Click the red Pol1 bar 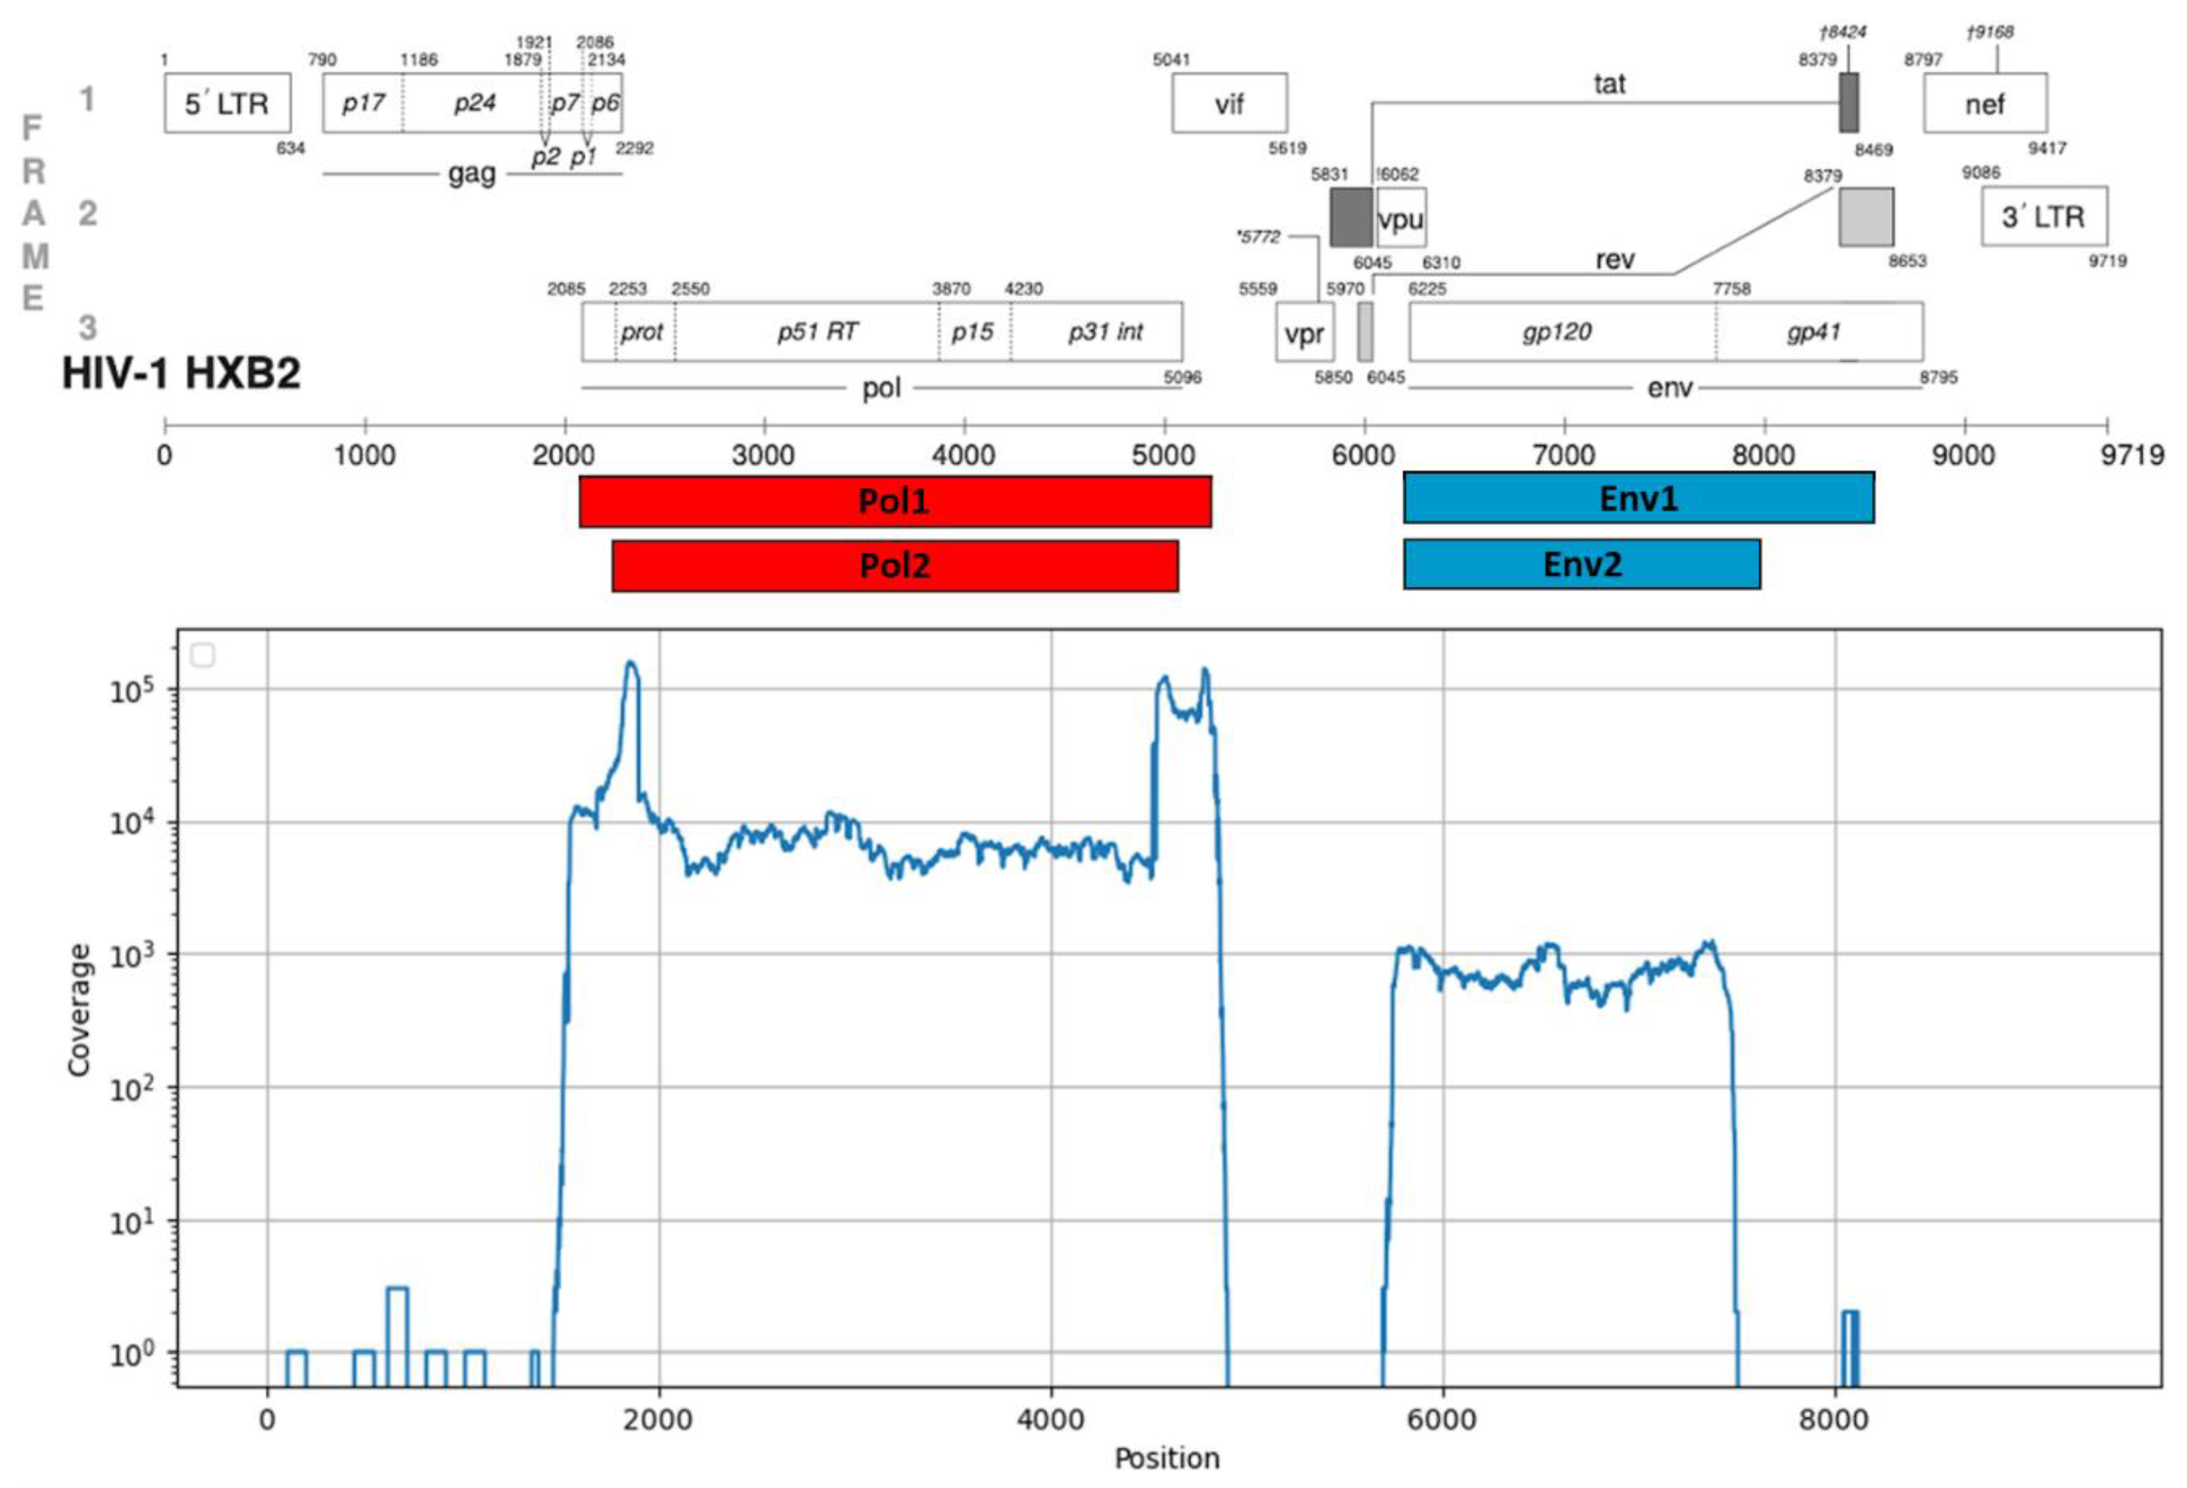coord(894,501)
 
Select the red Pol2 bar coord(894,565)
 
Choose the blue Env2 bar coord(1582,563)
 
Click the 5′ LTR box coord(227,103)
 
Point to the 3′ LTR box coord(2044,217)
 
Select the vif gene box coord(1229,103)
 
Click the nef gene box coord(1984,103)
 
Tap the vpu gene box coord(1400,219)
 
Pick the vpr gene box coord(1304,333)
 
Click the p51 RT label coord(817,331)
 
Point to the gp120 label coord(1557,331)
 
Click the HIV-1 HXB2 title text coord(182,373)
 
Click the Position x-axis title coord(1167,1458)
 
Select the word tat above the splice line coord(1609,84)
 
